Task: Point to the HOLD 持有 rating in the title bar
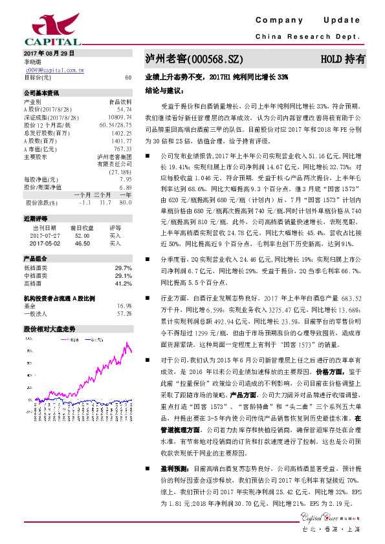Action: (x=343, y=59)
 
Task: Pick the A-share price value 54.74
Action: (x=125, y=109)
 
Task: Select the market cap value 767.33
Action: (x=123, y=148)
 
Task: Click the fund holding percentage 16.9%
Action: (x=124, y=305)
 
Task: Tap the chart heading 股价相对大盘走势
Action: (x=50, y=328)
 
